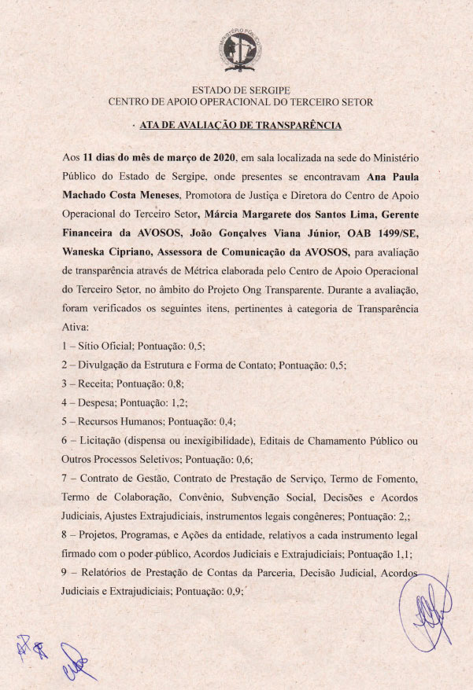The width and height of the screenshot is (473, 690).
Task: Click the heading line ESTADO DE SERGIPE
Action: (x=240, y=90)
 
